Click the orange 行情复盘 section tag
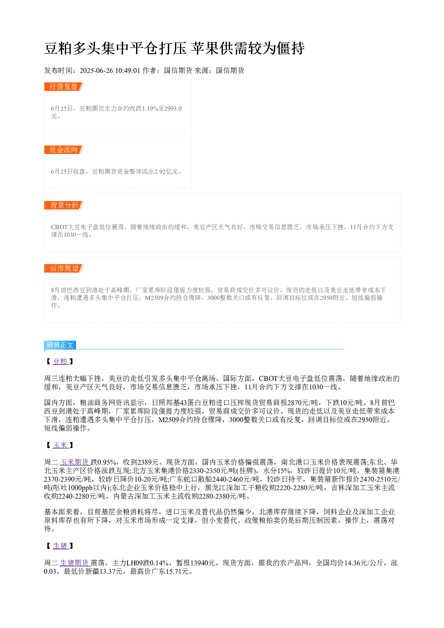[64, 87]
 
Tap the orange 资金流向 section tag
[64, 150]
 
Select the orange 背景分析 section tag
[64, 205]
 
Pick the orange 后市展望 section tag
[64, 268]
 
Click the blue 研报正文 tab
[60, 345]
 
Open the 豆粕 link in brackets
[60, 361]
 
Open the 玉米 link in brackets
[60, 445]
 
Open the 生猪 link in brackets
[60, 546]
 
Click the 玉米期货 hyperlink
[75, 462]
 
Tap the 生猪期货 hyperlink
[75, 563]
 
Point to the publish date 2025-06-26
[96, 71]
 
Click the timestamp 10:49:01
[128, 71]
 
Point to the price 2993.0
[173, 108]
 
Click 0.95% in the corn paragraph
[107, 462]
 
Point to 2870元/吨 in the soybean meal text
[303, 403]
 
